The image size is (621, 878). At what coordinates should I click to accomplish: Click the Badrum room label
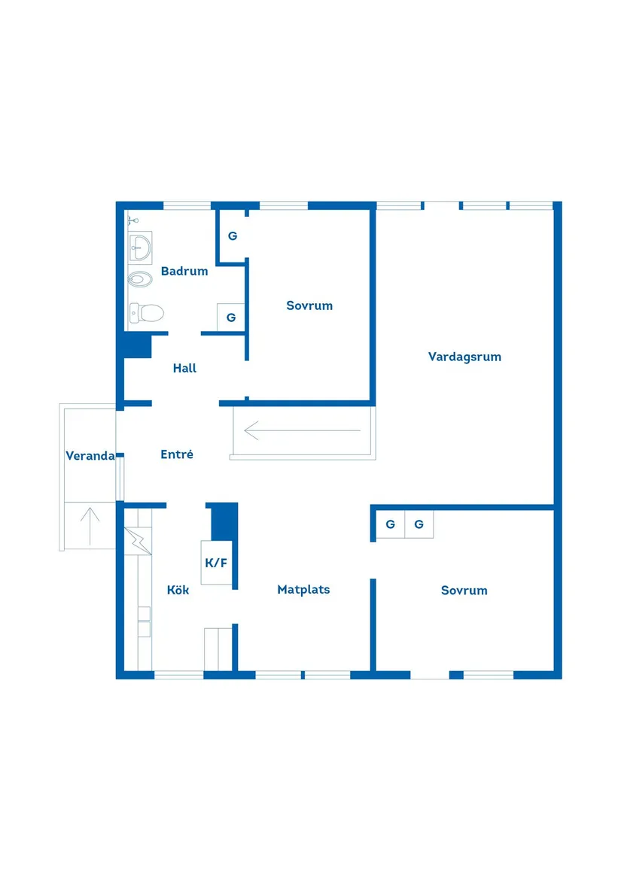[184, 271]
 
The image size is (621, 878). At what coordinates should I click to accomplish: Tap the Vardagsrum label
[464, 357]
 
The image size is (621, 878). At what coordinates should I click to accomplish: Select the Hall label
[184, 368]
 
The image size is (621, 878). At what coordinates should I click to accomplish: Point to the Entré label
[177, 454]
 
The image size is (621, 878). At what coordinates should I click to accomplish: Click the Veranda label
[90, 456]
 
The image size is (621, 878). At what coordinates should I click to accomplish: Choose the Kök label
[178, 590]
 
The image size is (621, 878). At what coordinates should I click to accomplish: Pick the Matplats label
[303, 589]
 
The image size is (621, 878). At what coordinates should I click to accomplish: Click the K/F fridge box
[216, 563]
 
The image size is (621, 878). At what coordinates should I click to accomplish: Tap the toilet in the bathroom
[146, 313]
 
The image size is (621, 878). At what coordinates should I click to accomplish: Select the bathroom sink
[140, 247]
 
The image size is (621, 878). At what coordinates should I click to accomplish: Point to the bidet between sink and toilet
[140, 279]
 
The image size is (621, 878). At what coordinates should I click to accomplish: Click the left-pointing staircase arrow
[302, 430]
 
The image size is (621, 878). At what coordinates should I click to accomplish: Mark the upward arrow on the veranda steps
[90, 526]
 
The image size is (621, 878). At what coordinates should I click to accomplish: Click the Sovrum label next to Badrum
[309, 305]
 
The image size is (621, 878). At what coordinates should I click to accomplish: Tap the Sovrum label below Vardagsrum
[464, 590]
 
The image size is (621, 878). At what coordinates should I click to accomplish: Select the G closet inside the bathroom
[231, 317]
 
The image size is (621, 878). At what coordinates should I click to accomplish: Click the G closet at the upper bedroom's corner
[233, 235]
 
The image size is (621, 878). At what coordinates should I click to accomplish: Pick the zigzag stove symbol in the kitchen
[138, 540]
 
